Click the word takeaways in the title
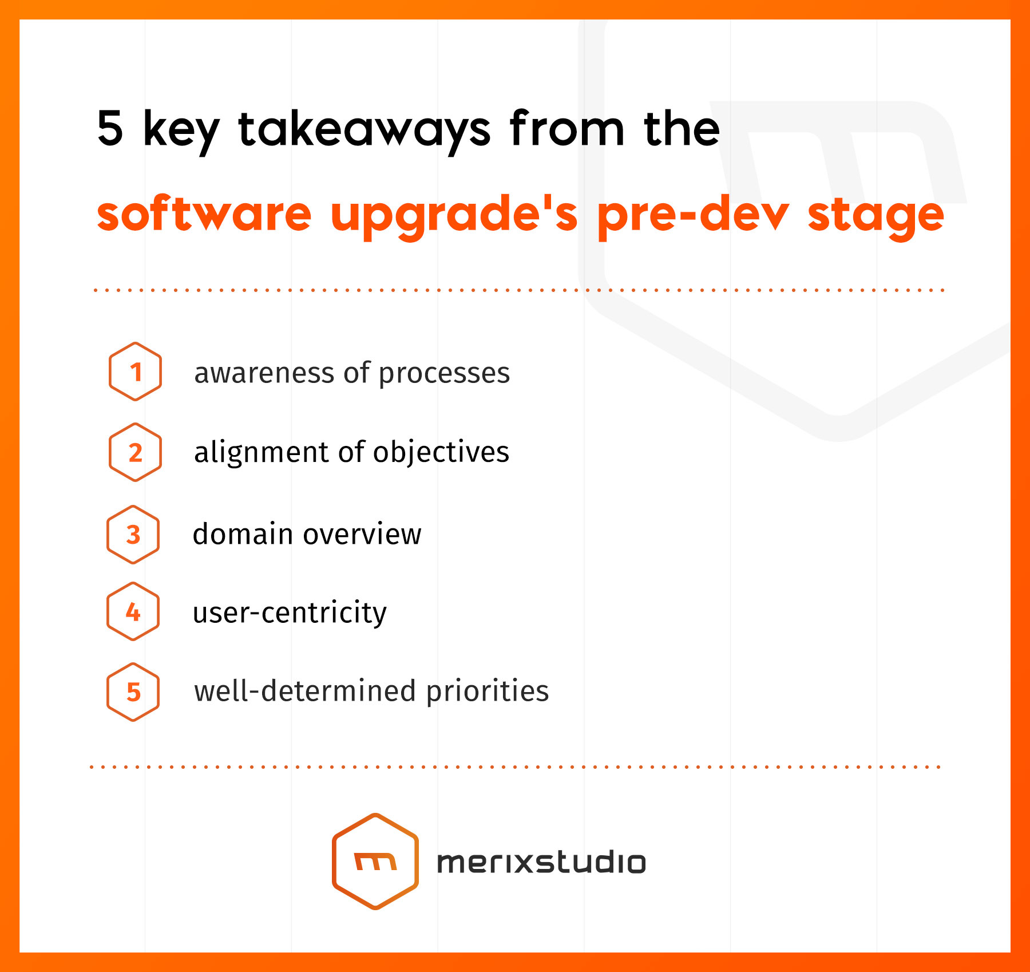coord(365,131)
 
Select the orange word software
coord(204,213)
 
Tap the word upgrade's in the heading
coord(454,216)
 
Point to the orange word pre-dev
coord(693,216)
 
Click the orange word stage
coord(875,216)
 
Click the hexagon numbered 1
coord(135,372)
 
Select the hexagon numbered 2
coord(135,452)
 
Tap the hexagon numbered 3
coord(133,535)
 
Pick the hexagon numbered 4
coord(133,611)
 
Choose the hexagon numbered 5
coord(133,692)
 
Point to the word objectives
coord(441,453)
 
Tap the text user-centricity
coord(290,613)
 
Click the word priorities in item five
coord(488,692)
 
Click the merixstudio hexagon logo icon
coord(375,861)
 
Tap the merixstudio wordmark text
coord(541,862)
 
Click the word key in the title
coord(181,131)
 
